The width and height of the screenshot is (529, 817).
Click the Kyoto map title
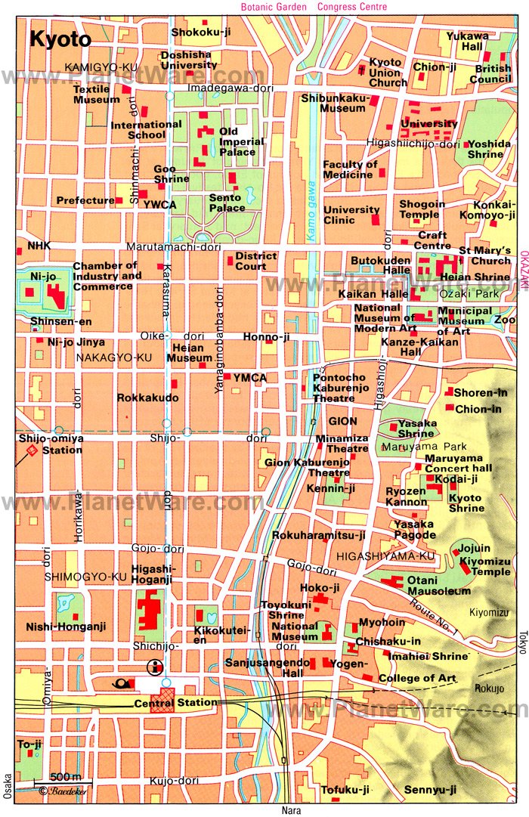point(60,39)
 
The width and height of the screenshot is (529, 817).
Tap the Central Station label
point(175,703)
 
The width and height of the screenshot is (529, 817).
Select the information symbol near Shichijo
point(156,666)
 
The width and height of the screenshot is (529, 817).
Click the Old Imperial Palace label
point(241,141)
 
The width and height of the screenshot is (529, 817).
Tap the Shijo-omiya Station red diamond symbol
point(32,450)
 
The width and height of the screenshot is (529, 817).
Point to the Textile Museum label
point(96,94)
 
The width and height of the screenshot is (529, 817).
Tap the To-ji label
point(29,744)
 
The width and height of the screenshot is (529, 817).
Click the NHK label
point(38,246)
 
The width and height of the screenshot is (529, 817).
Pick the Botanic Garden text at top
point(274,7)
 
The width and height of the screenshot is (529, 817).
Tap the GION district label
point(343,421)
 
